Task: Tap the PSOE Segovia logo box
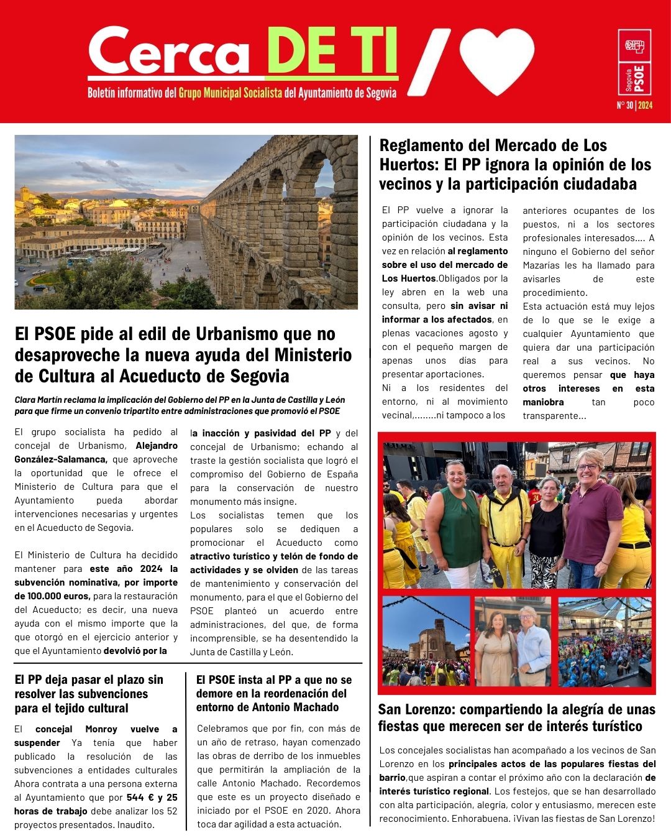[x=634, y=62]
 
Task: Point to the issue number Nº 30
[x=624, y=105]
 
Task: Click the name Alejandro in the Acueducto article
[x=157, y=446]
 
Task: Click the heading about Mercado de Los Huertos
[x=515, y=165]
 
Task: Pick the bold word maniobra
[x=544, y=402]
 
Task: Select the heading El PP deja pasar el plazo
[x=89, y=694]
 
